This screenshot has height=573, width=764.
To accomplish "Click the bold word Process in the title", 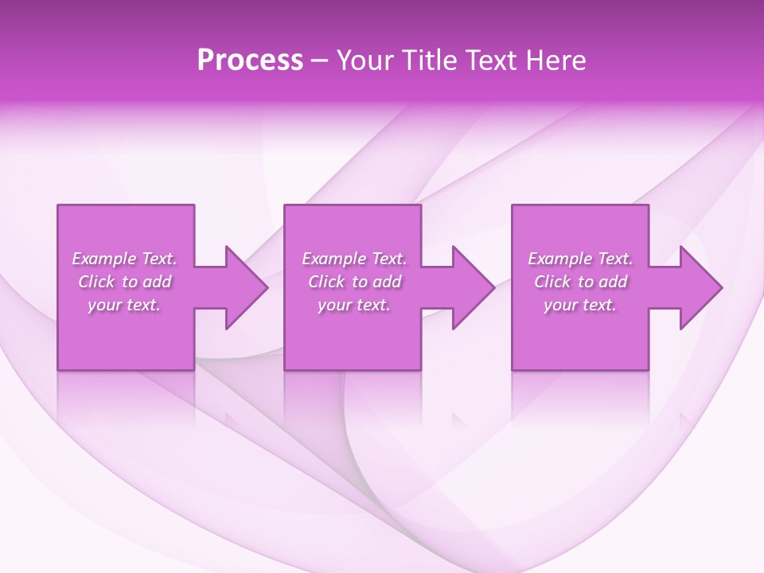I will (250, 60).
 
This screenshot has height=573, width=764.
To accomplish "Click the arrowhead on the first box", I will (244, 287).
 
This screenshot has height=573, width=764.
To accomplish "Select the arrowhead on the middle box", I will (471, 287).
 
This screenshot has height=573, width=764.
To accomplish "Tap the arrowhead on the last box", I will (699, 287).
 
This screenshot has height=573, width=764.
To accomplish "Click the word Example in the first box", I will (104, 259).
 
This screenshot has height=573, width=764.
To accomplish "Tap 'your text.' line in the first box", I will (124, 305).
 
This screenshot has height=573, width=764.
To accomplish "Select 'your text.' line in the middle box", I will (354, 305).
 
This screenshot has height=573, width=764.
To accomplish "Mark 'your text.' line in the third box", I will (580, 305).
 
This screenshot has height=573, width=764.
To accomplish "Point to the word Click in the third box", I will (552, 282).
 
